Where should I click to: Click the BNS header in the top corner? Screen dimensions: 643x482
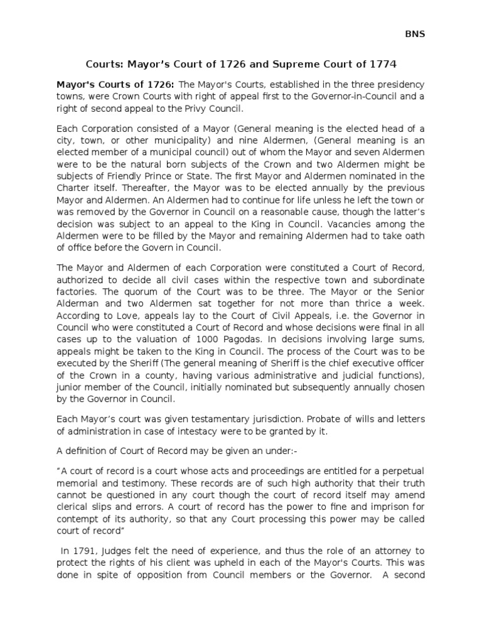click(x=415, y=34)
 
